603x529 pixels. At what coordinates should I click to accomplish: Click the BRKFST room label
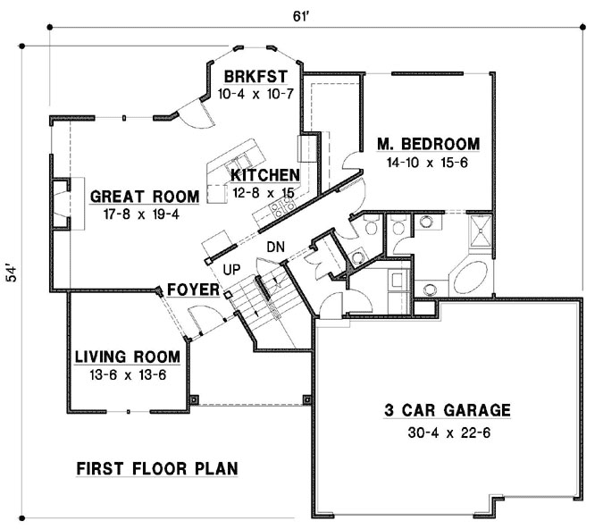pyautogui.click(x=255, y=76)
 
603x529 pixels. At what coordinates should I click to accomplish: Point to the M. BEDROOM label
pyautogui.click(x=428, y=144)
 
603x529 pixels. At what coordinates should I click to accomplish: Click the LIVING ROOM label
pyautogui.click(x=127, y=357)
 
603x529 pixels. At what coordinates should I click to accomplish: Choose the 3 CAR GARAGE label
pyautogui.click(x=448, y=411)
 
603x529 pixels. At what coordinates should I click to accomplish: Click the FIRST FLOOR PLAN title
pyautogui.click(x=156, y=468)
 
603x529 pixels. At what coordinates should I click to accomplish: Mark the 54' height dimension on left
pyautogui.click(x=13, y=273)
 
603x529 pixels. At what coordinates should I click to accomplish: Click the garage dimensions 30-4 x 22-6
pyautogui.click(x=448, y=432)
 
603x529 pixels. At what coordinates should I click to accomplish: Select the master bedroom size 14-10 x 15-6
pyautogui.click(x=427, y=164)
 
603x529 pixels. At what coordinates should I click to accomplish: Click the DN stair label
pyautogui.click(x=275, y=247)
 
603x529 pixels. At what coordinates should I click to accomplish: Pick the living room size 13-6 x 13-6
pyautogui.click(x=127, y=375)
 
